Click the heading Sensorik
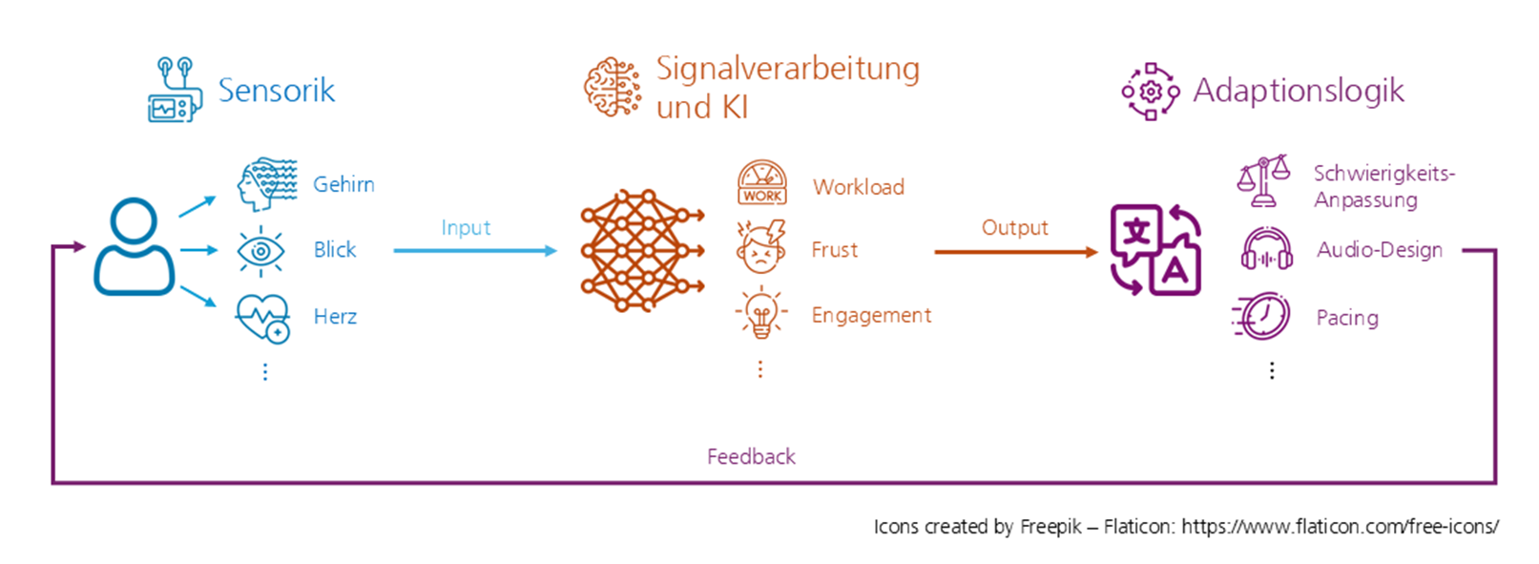tap(276, 91)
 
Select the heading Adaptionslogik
tap(1298, 91)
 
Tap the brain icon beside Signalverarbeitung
tap(613, 87)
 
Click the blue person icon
tap(134, 247)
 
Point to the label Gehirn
tap(343, 184)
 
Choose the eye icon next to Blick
tap(260, 251)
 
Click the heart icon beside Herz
tap(262, 317)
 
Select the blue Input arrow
tap(474, 251)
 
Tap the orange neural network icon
tap(641, 250)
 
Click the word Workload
tap(858, 187)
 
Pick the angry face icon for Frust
tap(760, 247)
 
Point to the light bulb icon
tap(760, 313)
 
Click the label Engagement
tap(871, 316)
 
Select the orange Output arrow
tap(1015, 252)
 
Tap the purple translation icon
tap(1155, 250)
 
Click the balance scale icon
tap(1262, 181)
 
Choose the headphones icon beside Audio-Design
tap(1266, 250)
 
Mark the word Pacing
tap(1346, 318)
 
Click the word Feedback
tap(751, 457)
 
